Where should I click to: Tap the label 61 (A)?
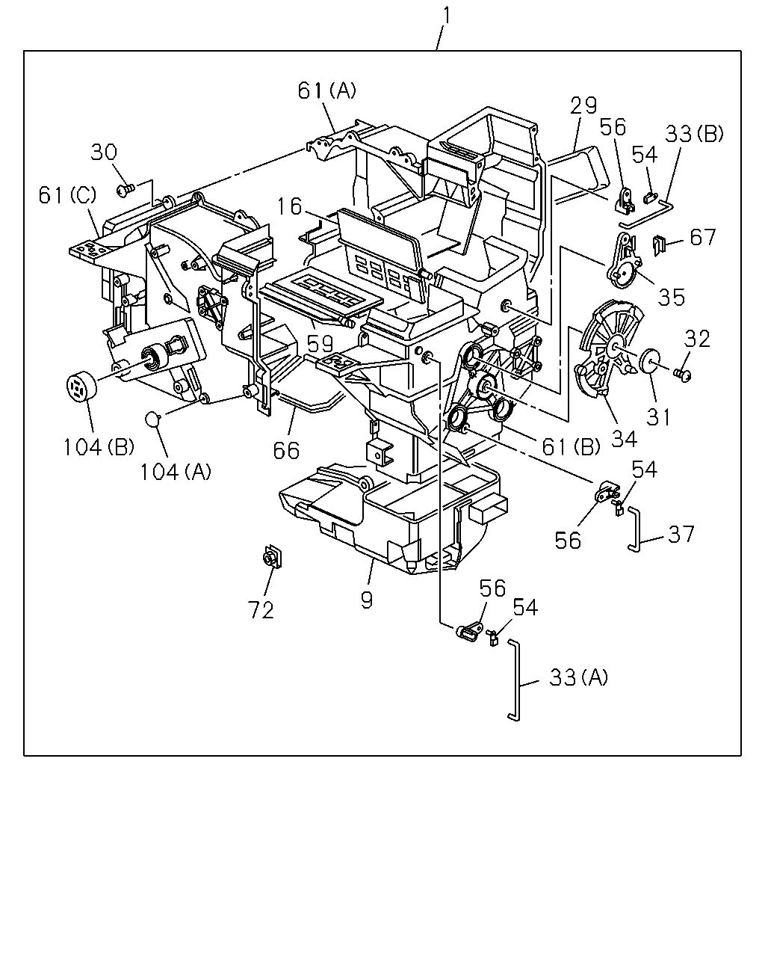[326, 90]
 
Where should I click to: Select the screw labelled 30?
[125, 191]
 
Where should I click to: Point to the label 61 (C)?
[67, 195]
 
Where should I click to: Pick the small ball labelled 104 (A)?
[152, 418]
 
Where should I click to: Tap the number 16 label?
[289, 206]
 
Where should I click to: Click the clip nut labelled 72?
[273, 556]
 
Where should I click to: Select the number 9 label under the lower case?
[367, 600]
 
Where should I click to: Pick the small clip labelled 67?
[660, 245]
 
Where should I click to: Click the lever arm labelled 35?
[624, 262]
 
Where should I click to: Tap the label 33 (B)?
[694, 134]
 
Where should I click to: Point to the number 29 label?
[583, 106]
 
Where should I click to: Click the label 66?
[286, 451]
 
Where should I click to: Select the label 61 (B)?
[572, 446]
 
